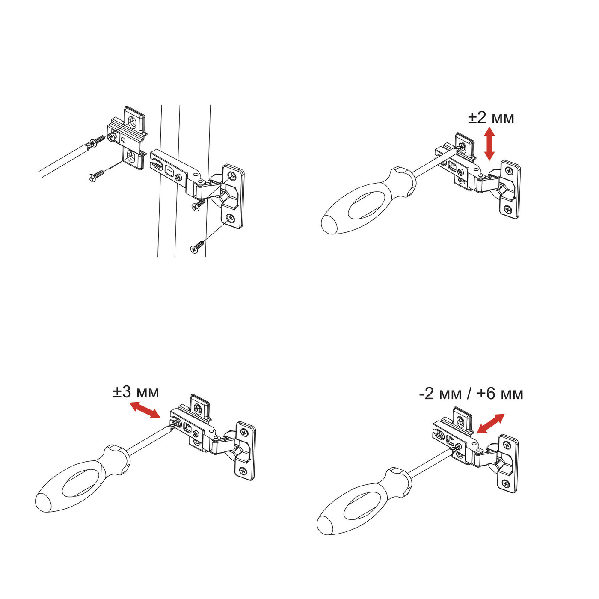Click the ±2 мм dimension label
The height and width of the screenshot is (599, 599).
pos(491,118)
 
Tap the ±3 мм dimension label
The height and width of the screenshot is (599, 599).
pos(136,392)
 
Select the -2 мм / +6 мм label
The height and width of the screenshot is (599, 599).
pos(471,394)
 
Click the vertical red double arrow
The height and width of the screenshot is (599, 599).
pos(489,144)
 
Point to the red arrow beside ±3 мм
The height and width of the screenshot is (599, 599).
pos(145,410)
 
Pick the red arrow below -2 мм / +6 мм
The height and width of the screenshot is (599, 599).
pos(490,424)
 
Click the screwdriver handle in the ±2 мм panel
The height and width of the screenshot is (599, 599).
pos(368,201)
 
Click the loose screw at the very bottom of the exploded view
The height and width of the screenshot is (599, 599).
pos(197,246)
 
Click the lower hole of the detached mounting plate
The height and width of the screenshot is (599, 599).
pos(133,157)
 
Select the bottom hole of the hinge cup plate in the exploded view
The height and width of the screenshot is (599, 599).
pos(230,219)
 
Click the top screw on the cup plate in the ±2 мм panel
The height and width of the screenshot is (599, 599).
pos(510,171)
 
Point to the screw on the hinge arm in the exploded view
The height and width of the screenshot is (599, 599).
pos(178,178)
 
